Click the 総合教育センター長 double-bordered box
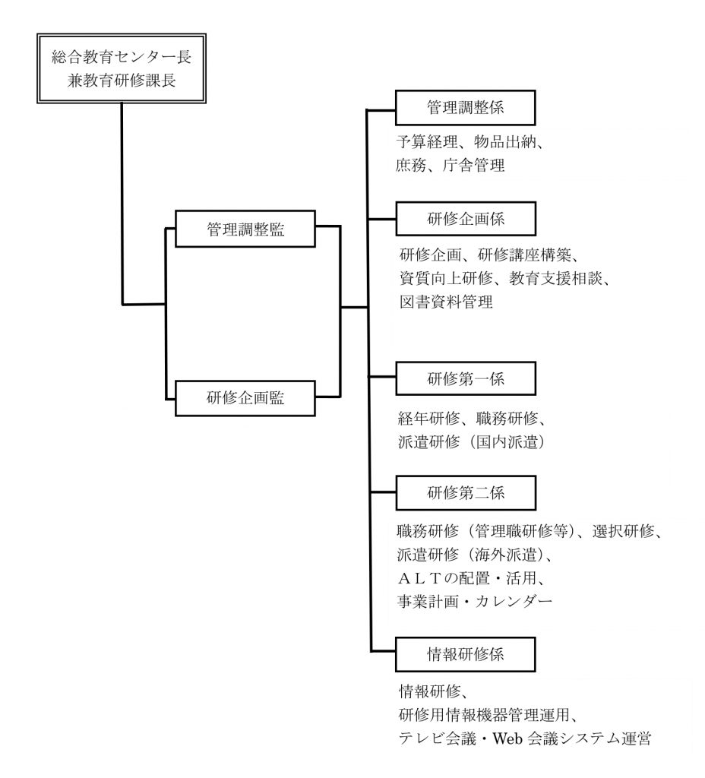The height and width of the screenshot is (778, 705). coord(122,68)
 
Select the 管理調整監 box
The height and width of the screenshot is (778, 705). coord(245,229)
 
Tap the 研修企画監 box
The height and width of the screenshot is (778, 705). coord(245,398)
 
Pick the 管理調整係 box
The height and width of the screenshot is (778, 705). coord(466,108)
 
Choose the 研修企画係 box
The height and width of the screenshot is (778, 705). coord(466,219)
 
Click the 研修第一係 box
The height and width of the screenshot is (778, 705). coord(466,378)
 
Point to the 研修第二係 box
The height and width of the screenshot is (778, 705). coord(466,492)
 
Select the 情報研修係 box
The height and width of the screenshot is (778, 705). coord(466,654)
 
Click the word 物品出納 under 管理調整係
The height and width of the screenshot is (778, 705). coord(505,142)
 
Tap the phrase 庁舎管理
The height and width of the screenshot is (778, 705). coord(474,165)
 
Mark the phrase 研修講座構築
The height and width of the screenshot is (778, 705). coord(524,255)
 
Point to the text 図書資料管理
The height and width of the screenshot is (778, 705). coord(446,302)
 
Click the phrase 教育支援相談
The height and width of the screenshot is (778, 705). coord(555,278)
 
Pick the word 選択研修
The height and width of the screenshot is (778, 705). coord(623,531)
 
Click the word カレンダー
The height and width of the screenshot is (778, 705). coord(514,602)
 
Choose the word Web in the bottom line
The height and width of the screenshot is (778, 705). coord(507,739)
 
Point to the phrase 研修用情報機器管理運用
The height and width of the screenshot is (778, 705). coord(484,715)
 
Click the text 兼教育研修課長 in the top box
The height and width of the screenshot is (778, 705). coord(122,81)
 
